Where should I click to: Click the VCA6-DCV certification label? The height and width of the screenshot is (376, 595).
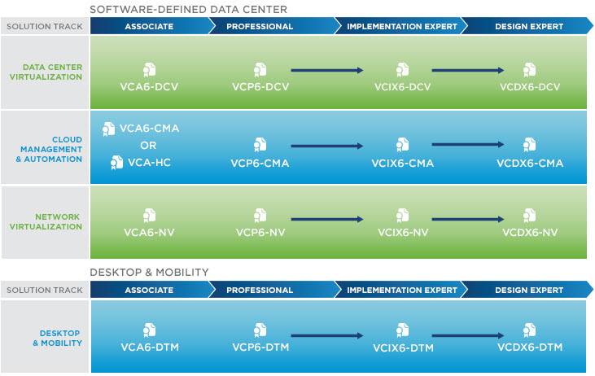tap(149, 87)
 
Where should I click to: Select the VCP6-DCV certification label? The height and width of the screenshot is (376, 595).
tap(260, 87)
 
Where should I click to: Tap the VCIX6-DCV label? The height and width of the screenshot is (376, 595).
tap(403, 87)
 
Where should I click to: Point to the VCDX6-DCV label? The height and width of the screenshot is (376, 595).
tap(530, 87)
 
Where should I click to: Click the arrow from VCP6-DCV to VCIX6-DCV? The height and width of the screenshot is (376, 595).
tap(327, 70)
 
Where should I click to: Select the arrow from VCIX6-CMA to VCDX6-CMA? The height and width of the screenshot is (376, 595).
tap(468, 145)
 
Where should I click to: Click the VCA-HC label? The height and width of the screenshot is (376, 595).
tap(149, 163)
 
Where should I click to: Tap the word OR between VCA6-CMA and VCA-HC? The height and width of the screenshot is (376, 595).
tap(148, 146)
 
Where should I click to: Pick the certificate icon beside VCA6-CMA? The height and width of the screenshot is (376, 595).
tap(108, 129)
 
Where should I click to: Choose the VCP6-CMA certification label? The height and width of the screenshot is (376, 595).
tap(260, 163)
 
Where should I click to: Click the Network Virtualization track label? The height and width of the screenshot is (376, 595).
tap(46, 221)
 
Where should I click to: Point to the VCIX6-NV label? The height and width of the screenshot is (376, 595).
tap(403, 232)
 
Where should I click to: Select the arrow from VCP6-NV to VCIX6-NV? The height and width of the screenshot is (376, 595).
tap(327, 219)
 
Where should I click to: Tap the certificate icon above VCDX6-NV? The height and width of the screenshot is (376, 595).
tap(529, 215)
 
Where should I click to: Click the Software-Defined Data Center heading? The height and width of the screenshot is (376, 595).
tap(189, 10)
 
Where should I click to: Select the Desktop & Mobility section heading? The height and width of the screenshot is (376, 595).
tap(149, 272)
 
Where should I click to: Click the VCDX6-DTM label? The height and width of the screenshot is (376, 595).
tap(530, 348)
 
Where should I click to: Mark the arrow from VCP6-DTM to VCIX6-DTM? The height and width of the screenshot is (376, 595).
tap(327, 335)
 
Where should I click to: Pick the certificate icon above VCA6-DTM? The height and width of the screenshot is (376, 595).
tap(149, 330)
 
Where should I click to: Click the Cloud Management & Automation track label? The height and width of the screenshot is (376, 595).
tap(49, 149)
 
